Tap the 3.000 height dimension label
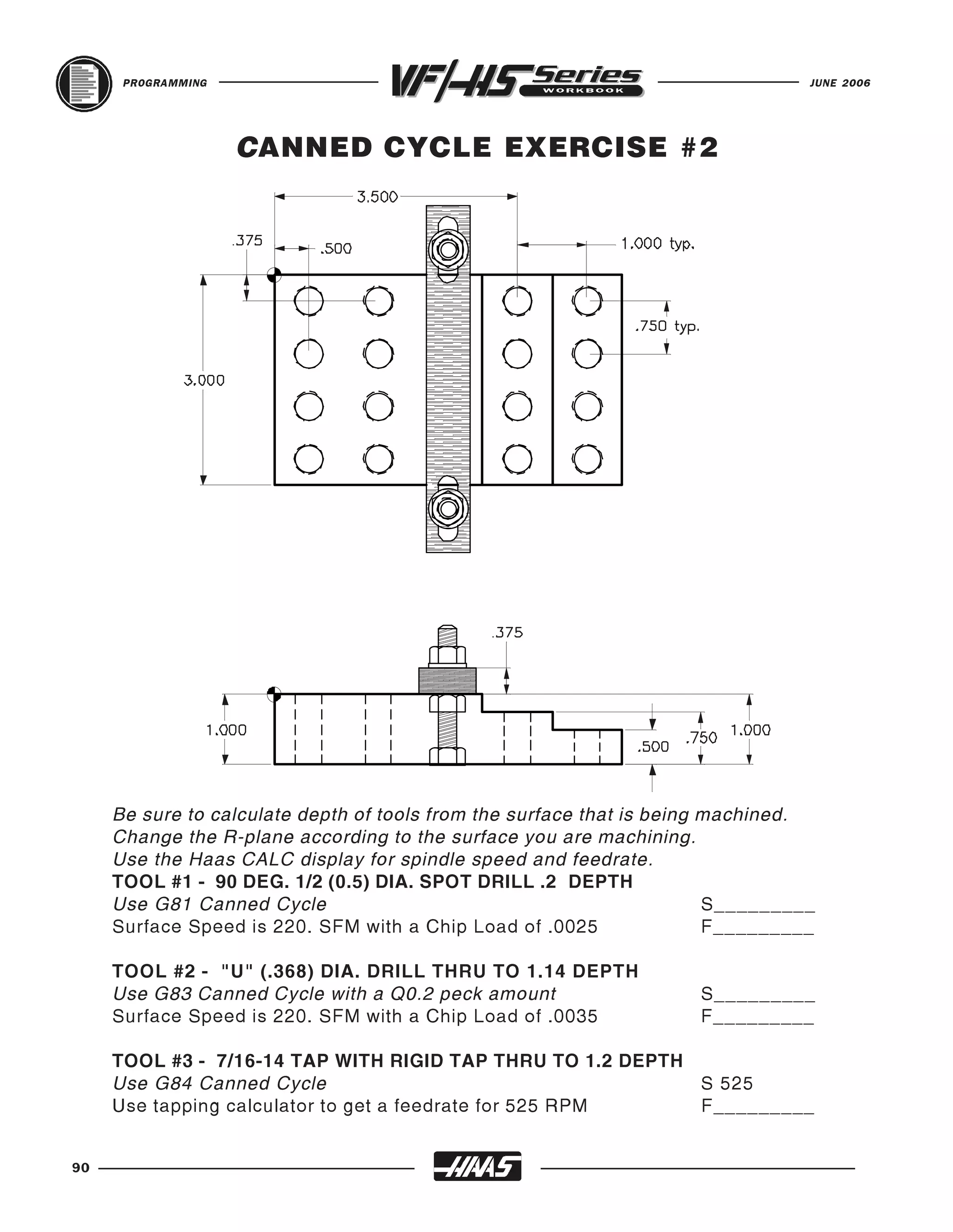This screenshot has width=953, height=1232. coord(204,381)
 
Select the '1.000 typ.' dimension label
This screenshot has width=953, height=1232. coord(658,244)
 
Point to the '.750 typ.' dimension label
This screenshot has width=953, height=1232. coord(667,326)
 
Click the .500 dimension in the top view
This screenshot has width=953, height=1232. coord(336,249)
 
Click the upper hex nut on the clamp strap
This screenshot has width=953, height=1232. coord(448,249)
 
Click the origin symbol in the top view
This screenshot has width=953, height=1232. coord(275,275)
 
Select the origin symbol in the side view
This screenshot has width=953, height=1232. coord(275,694)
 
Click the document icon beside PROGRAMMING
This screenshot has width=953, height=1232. coord(84,84)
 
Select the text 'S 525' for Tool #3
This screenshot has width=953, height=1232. coord(726,1084)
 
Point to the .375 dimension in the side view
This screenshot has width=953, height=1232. coord(508,633)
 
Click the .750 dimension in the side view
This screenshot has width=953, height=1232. coord(702,738)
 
